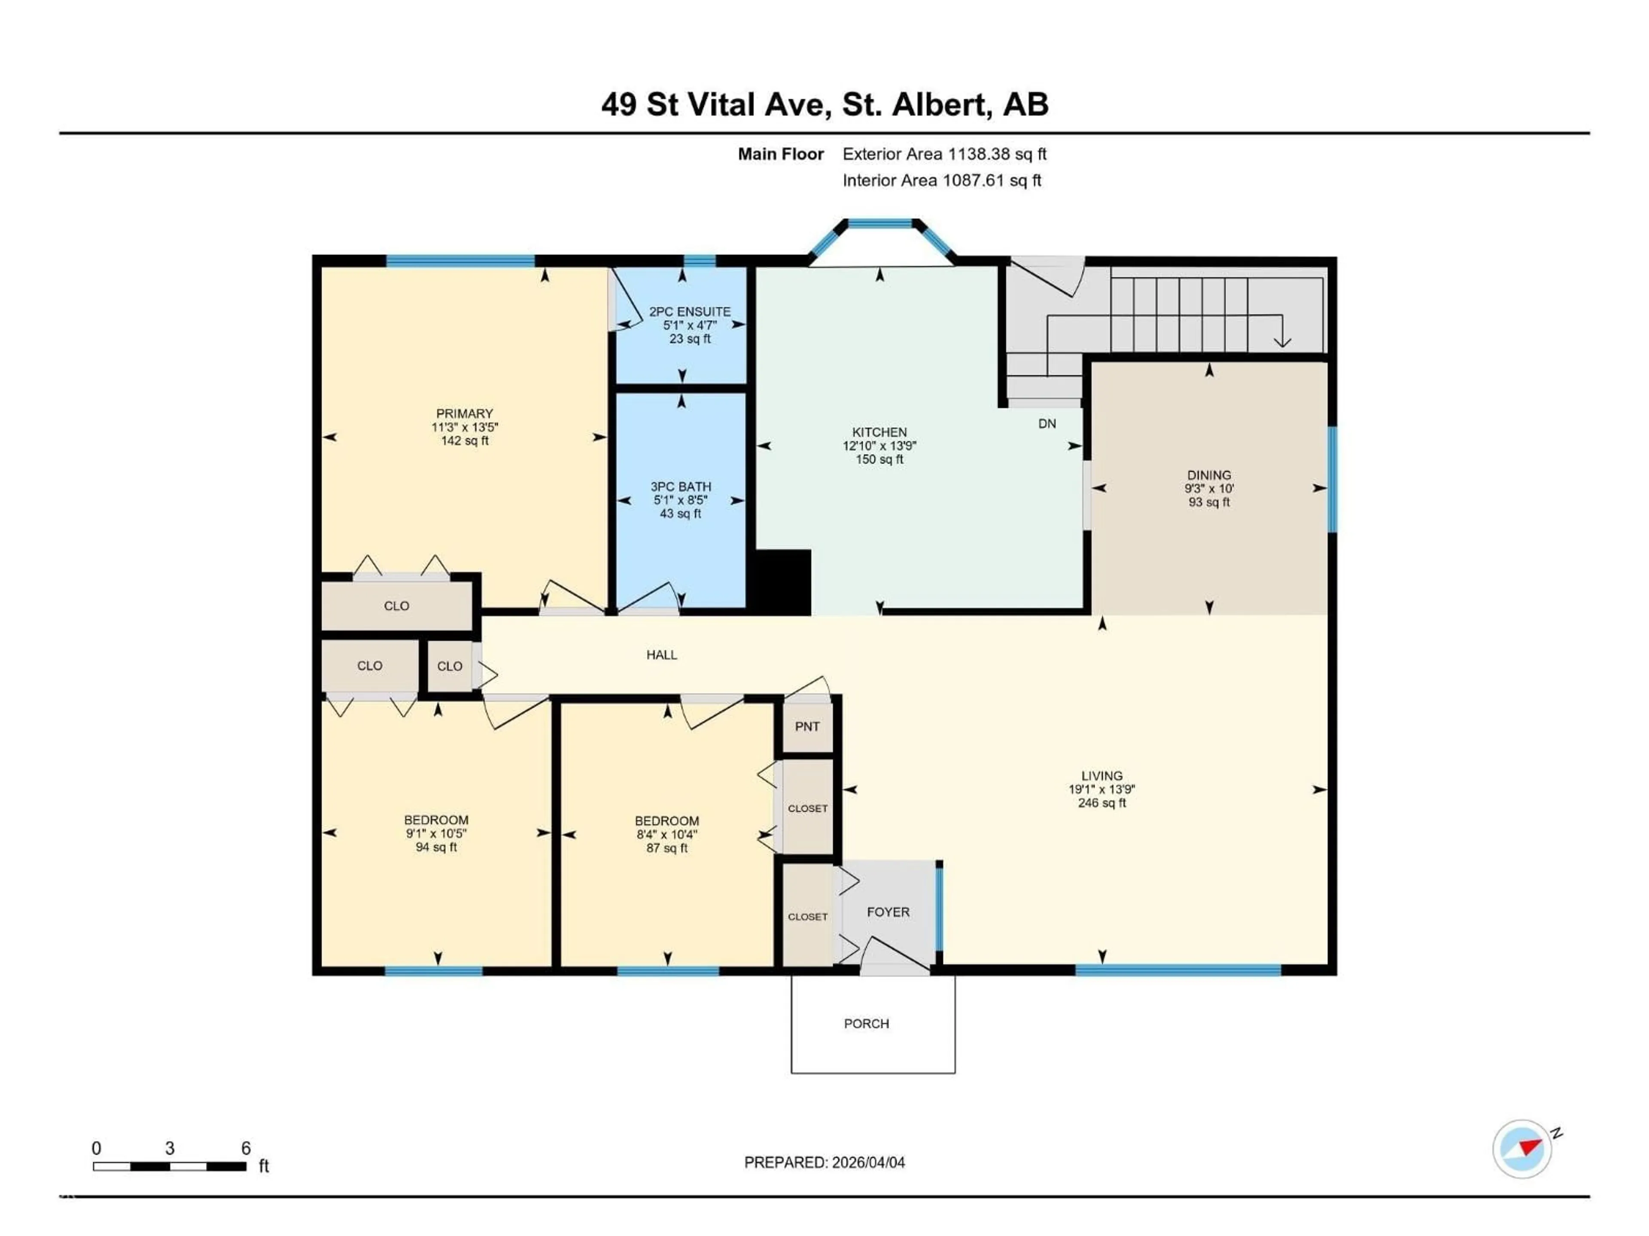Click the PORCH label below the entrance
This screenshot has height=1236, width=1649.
[x=866, y=1024]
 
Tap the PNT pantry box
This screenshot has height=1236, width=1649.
[x=807, y=727]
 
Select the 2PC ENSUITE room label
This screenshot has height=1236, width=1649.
[x=690, y=312]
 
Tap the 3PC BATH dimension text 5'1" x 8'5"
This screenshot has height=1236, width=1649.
[x=681, y=500]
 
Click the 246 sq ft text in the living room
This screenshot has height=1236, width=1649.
[x=1102, y=803]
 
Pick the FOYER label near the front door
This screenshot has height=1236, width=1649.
[x=888, y=912]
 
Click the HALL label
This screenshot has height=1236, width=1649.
[x=661, y=655]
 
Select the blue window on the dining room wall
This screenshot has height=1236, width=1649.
[x=1332, y=479]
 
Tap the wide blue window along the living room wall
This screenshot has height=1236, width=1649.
[x=1178, y=969]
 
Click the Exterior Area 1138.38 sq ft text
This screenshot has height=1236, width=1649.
[x=944, y=154]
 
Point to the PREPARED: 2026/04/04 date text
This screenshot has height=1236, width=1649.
[x=824, y=1162]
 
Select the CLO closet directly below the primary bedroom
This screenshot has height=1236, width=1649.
[x=397, y=606]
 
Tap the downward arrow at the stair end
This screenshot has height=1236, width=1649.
[x=1282, y=341]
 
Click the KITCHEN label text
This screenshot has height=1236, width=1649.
[x=879, y=432]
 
